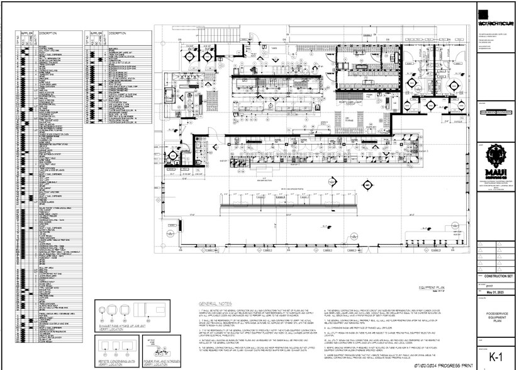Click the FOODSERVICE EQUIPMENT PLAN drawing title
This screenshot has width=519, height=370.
494,317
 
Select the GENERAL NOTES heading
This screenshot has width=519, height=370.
213,303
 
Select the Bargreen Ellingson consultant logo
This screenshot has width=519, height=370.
494,113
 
